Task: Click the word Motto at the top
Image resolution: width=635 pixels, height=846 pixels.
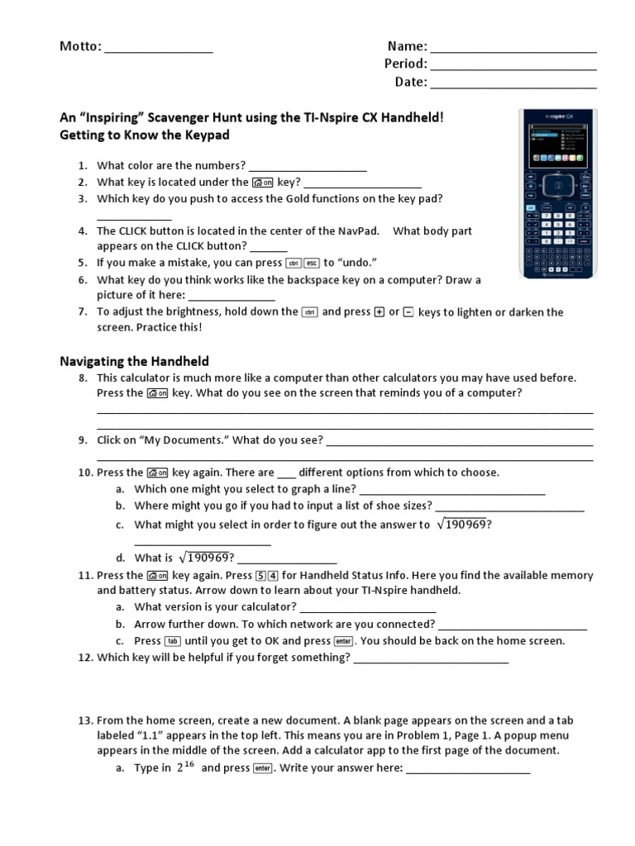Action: tap(79, 47)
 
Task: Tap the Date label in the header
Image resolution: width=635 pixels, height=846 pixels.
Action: tap(410, 82)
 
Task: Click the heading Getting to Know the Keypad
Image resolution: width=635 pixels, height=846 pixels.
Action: tap(144, 135)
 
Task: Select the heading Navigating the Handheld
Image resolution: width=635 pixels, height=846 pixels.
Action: tap(134, 361)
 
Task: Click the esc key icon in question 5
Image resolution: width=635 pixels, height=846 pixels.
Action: tap(312, 264)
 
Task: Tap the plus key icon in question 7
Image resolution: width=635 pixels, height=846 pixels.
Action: tap(380, 312)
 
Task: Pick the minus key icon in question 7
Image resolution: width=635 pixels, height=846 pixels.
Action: tap(408, 312)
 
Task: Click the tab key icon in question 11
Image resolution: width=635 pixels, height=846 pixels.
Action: tap(173, 641)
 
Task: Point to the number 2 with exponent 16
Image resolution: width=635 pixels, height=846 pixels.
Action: tap(184, 767)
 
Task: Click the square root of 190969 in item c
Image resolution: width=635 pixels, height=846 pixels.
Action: tap(463, 525)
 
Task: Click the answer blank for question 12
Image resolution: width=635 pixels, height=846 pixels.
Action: tap(431, 659)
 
